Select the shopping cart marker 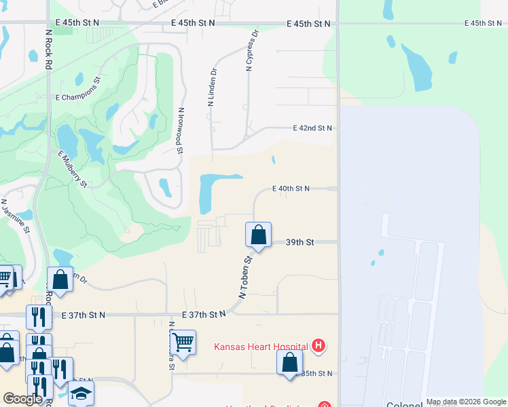click(x=183, y=341)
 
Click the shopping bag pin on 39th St click(x=258, y=235)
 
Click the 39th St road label click(x=300, y=242)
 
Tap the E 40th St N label click(x=291, y=189)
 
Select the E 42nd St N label click(x=312, y=128)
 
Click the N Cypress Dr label click(x=252, y=50)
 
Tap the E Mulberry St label click(x=73, y=169)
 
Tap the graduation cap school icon click(x=81, y=393)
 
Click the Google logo click(x=22, y=400)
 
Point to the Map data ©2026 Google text click(x=465, y=402)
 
